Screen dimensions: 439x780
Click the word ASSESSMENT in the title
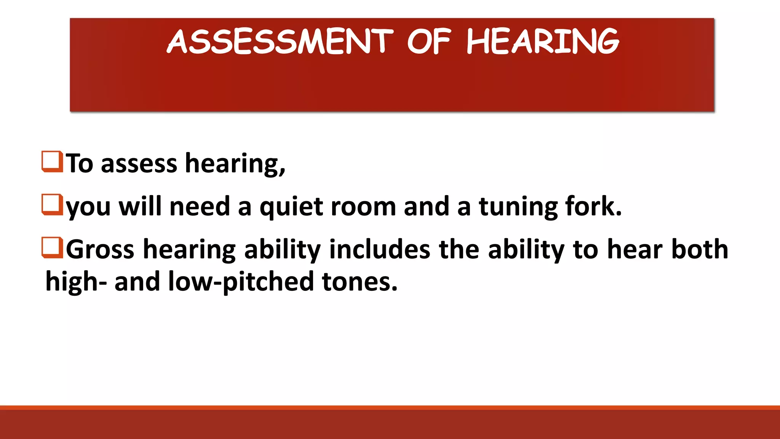pos(280,42)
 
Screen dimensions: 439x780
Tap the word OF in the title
pos(429,42)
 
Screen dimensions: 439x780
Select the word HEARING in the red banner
pos(543,42)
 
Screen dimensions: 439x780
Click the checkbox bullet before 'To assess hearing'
pos(52,162)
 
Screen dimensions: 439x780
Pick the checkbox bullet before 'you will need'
pos(52,205)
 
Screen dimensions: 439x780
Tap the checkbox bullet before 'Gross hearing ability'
pos(52,248)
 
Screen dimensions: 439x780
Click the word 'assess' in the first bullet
pos(139,163)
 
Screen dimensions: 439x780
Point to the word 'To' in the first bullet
pos(80,163)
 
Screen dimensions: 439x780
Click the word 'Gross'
pos(100,250)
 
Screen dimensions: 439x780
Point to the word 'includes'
pos(380,250)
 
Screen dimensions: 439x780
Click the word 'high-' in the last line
pos(76,282)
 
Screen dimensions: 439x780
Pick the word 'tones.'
pos(360,282)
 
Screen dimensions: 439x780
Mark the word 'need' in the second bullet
pos(200,207)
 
